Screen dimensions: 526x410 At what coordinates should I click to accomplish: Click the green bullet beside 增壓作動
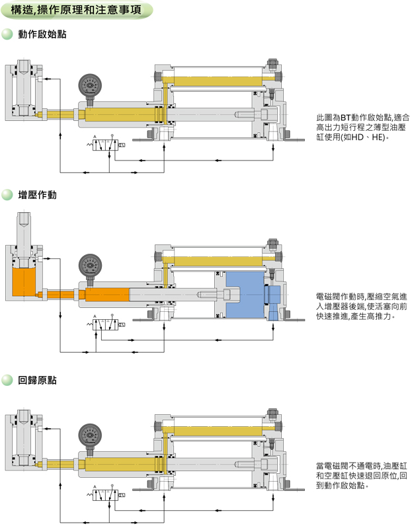[x=8, y=195]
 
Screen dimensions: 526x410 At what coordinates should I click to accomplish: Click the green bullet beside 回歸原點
[x=8, y=381]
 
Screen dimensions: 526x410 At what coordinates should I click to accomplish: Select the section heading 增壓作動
[x=37, y=195]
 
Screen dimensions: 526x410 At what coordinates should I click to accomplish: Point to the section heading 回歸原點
[x=37, y=381]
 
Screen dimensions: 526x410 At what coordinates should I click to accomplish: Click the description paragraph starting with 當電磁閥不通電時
[x=362, y=476]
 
